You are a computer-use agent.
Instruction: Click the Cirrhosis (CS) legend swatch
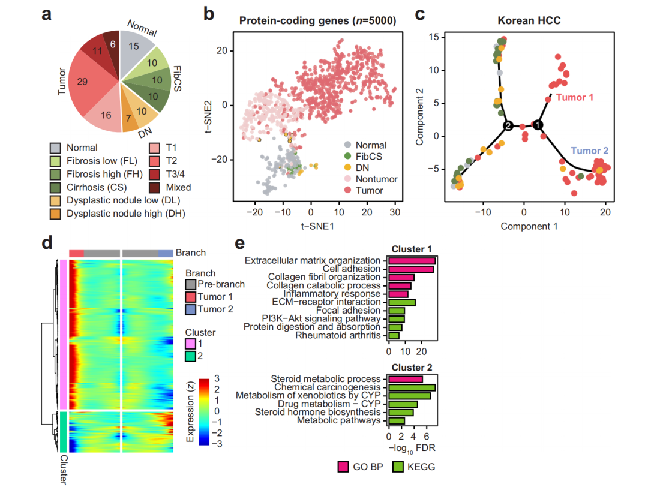55,187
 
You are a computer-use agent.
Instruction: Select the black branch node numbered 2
508,126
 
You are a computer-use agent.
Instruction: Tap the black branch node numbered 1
538,125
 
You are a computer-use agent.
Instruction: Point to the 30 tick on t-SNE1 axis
395,213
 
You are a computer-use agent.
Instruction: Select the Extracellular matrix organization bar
412,261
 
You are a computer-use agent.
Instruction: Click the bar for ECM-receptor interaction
401,302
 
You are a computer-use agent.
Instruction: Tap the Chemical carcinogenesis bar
412,387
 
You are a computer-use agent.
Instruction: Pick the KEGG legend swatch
397,467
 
